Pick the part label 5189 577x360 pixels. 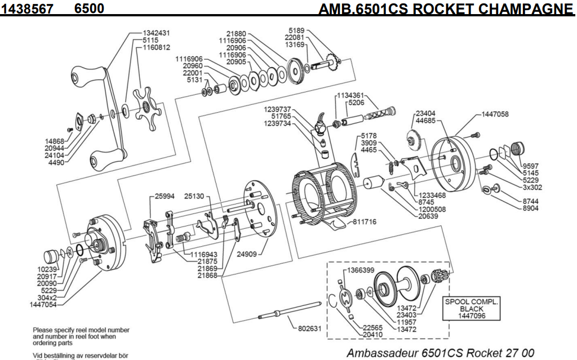coord(297,30)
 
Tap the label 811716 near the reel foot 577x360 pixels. coord(365,222)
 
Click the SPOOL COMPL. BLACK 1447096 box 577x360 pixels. coord(472,309)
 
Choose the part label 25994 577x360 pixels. coord(166,196)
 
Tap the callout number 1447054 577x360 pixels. coord(42,304)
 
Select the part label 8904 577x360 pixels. coord(531,208)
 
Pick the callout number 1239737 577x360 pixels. coord(277,109)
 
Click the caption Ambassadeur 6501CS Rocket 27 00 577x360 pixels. coord(440,353)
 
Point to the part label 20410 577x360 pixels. coord(373,335)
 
